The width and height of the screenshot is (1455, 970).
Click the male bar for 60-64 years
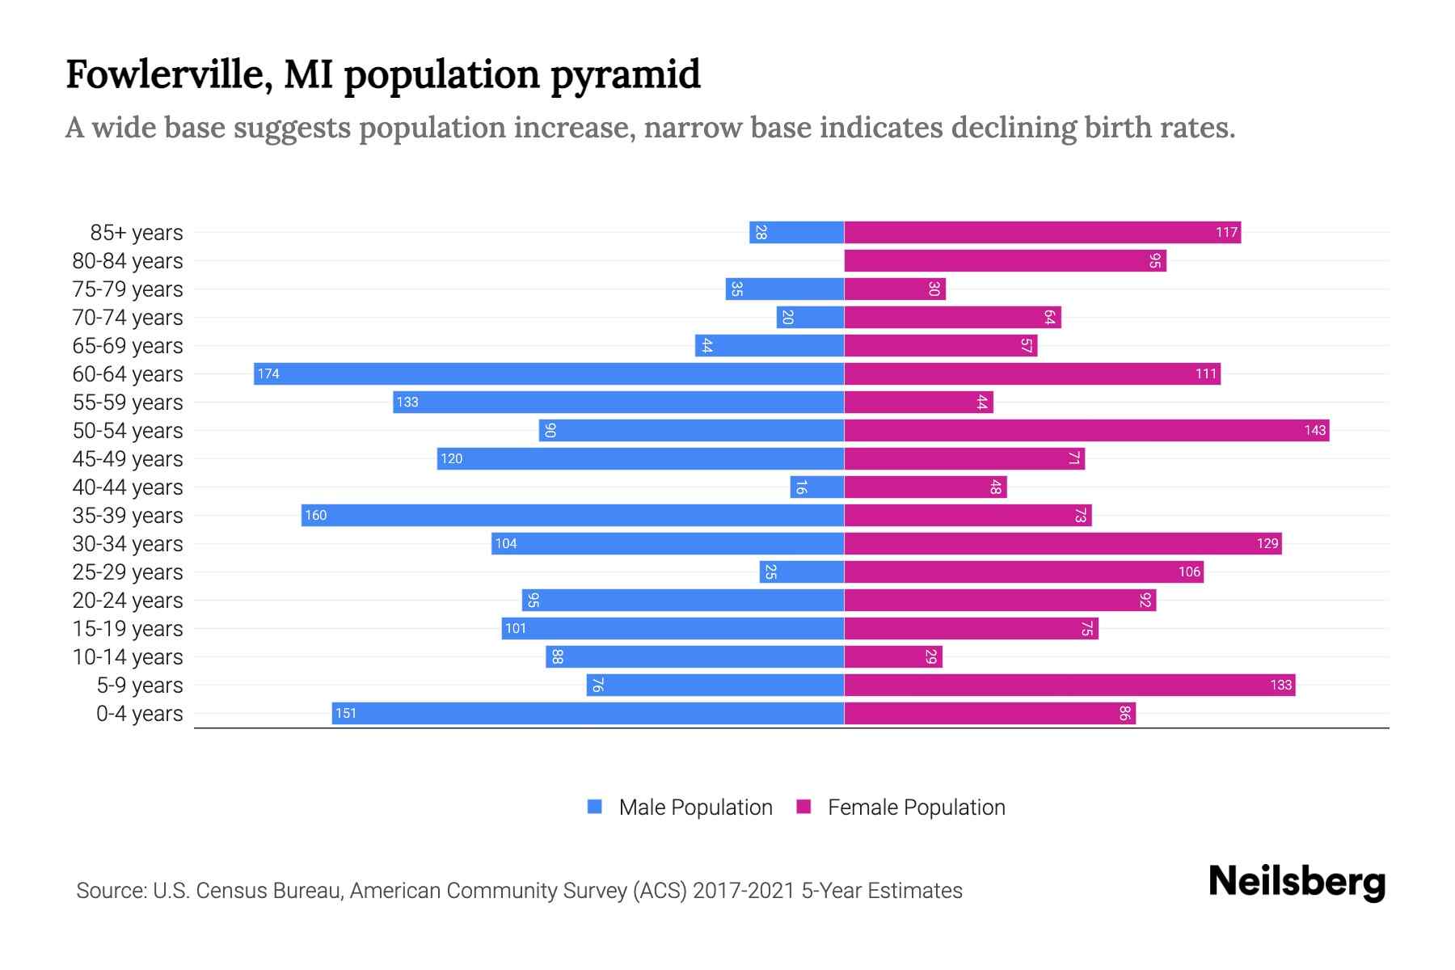pyautogui.click(x=549, y=373)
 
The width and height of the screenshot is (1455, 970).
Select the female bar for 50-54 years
pyautogui.click(x=1086, y=430)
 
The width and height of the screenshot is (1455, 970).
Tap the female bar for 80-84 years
pyautogui.click(x=1005, y=260)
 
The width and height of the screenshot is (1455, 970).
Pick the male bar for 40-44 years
pyautogui.click(x=817, y=487)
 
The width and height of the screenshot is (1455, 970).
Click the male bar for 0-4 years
pyautogui.click(x=588, y=713)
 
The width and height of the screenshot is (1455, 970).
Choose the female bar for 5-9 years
pyautogui.click(x=1069, y=685)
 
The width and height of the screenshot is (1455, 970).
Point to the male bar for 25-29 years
pyautogui.click(x=802, y=571)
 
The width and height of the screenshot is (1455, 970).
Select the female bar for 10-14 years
pyautogui.click(x=893, y=656)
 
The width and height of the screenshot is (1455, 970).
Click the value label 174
pyautogui.click(x=268, y=373)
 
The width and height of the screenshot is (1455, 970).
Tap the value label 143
pyautogui.click(x=1314, y=430)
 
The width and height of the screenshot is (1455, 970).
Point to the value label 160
pyautogui.click(x=315, y=515)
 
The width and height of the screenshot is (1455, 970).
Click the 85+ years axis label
pyautogui.click(x=137, y=233)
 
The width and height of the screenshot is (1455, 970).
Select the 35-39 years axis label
pyautogui.click(x=128, y=516)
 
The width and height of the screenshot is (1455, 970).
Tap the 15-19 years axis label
pyautogui.click(x=128, y=629)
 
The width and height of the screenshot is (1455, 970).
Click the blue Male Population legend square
pyautogui.click(x=595, y=807)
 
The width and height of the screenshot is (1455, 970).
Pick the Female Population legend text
pyautogui.click(x=916, y=807)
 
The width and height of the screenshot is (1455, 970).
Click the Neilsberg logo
pyautogui.click(x=1297, y=882)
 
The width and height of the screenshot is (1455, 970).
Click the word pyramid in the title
pyautogui.click(x=626, y=75)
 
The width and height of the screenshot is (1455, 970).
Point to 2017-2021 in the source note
pyautogui.click(x=743, y=891)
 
